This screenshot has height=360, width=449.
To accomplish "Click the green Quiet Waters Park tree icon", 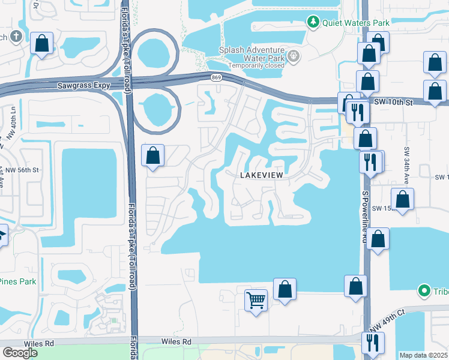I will point(313,23).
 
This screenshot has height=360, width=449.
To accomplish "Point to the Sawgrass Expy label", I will point(84,86).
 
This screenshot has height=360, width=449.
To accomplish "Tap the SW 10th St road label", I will point(393,103).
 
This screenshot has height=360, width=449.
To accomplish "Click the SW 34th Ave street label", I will point(406,165).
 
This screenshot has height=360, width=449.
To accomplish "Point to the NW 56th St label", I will point(21,170).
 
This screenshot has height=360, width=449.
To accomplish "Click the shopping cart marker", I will point(256,299).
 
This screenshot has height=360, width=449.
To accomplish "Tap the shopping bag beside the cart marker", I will point(285,289).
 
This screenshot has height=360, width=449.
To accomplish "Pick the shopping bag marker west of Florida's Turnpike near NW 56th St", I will point(153,155).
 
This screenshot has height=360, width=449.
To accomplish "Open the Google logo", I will point(20,353).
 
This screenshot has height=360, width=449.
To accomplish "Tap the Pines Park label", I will point(18,281).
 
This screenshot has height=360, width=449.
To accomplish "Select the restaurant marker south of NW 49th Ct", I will point(373,343).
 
